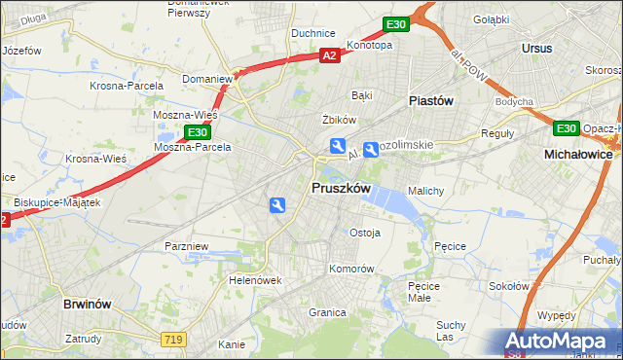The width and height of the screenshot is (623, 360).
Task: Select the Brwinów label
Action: click(92, 304)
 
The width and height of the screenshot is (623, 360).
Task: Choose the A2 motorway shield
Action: click(330, 56)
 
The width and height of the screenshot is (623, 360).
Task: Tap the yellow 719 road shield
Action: click(172, 338)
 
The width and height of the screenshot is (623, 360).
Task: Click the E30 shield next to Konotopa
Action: click(394, 23)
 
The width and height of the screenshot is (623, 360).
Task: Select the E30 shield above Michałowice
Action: click(566, 127)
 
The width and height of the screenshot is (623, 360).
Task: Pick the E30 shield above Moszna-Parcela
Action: click(197, 132)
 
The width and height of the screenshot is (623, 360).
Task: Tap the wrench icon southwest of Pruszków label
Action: click(277, 204)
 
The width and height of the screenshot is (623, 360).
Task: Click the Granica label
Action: click(328, 312)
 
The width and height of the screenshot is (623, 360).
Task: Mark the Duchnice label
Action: click(313, 32)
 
